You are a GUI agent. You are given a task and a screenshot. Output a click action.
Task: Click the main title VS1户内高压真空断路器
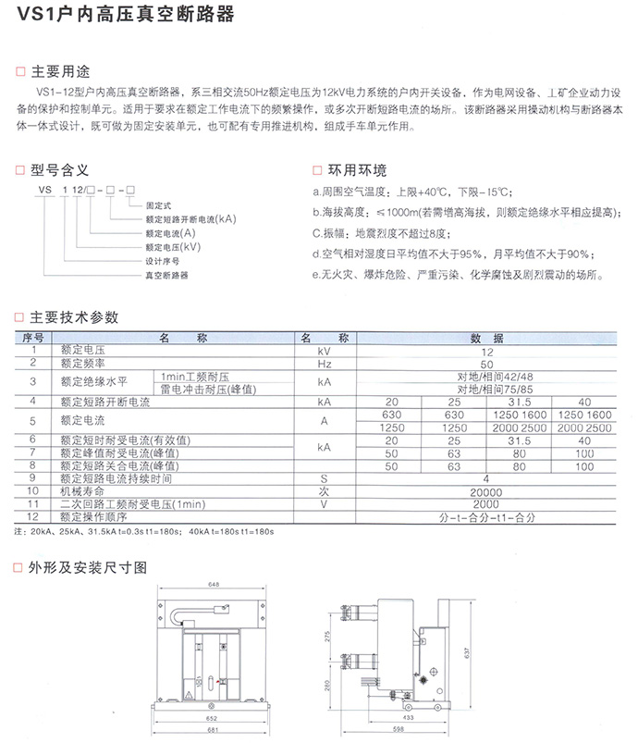click(119, 16)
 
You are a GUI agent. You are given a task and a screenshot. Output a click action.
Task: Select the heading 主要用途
click(61, 72)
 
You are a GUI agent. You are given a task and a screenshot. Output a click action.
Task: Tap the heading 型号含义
click(61, 170)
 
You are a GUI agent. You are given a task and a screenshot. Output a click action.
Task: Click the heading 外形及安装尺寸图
click(89, 566)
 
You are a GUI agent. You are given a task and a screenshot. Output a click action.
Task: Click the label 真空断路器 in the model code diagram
click(166, 276)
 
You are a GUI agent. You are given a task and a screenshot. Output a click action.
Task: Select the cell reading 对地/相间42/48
click(487, 376)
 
